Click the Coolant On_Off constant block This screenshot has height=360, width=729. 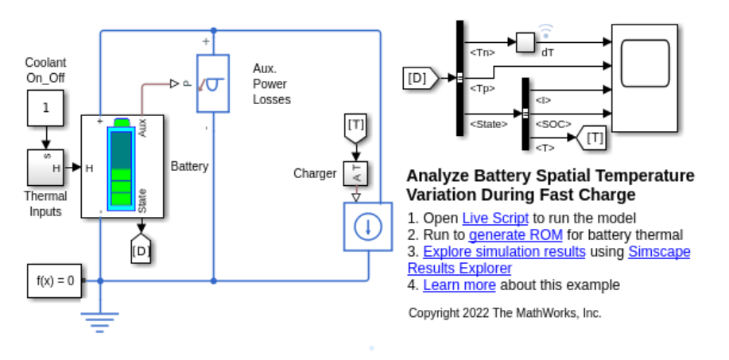pos(45,108)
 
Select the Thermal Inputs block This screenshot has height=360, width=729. pos(45,167)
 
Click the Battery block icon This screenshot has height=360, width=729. pos(122,166)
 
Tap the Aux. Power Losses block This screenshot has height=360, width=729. pos(212,83)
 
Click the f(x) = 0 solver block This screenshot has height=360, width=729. pos(55,281)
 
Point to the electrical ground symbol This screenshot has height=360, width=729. pos(99,321)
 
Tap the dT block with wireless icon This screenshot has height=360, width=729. pos(526,42)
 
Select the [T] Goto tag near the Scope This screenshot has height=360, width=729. pos(591,137)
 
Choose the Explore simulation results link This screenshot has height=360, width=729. pos(504,251)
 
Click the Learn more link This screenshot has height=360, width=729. pos(459,285)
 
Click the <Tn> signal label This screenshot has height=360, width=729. pos(483,52)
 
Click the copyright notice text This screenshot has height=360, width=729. pos(505,313)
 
